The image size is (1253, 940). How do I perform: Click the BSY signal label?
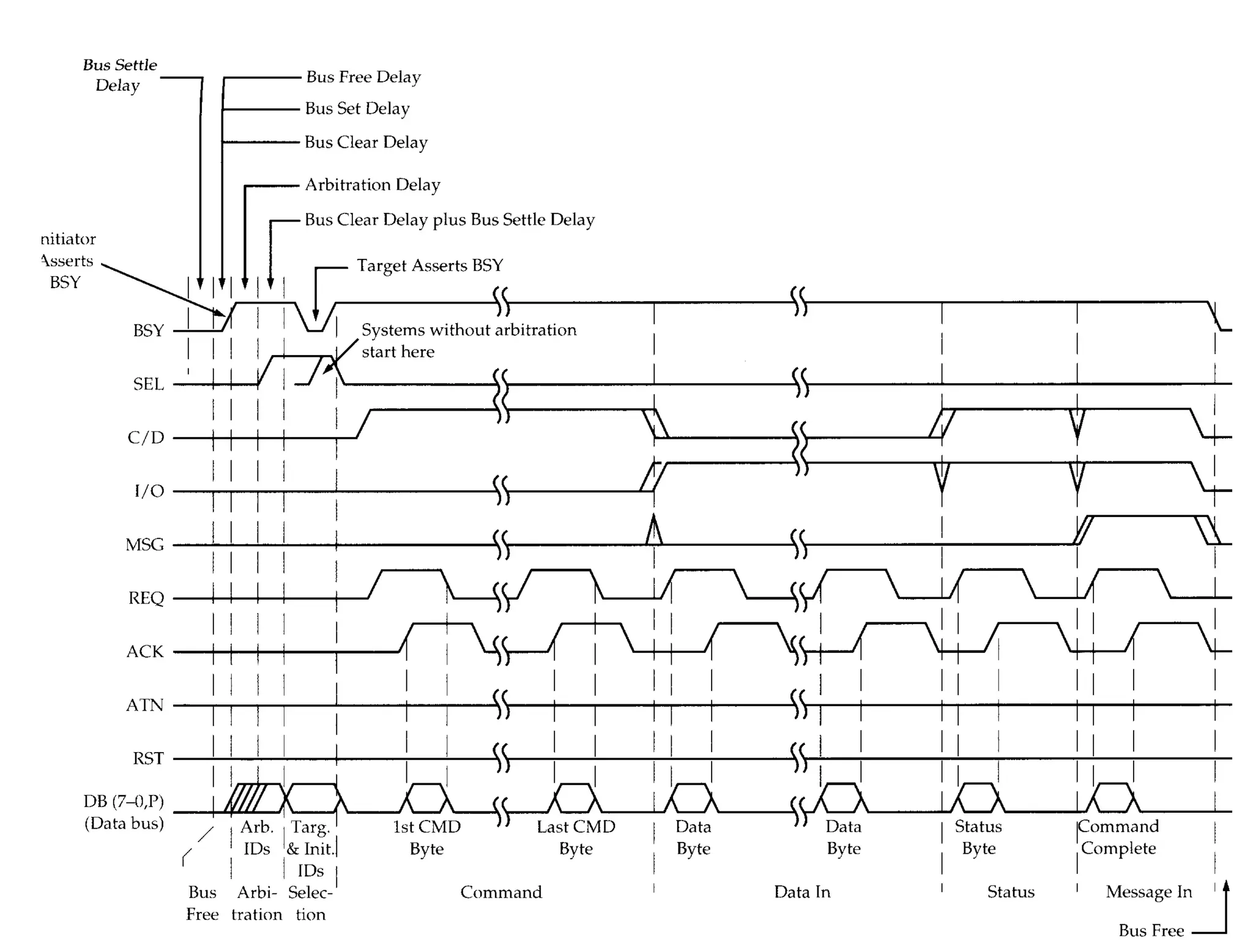tap(149, 330)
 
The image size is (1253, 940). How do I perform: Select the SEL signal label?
tap(149, 384)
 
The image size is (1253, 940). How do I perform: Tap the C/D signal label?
tap(146, 437)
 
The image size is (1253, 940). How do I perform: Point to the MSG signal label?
tap(144, 544)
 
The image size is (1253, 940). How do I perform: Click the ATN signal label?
tap(144, 705)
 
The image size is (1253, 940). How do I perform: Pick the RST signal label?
tap(148, 758)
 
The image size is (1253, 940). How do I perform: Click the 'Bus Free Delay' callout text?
tap(363, 77)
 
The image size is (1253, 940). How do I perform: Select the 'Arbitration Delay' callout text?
tap(373, 185)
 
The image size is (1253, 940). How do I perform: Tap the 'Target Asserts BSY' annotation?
tap(430, 266)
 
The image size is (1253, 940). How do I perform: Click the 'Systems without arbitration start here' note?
tap(468, 340)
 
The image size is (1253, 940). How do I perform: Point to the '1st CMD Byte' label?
tap(426, 837)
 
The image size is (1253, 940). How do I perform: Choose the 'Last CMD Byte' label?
tap(576, 837)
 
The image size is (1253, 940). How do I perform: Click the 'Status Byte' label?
tap(978, 837)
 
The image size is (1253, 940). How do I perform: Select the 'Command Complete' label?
tap(1118, 837)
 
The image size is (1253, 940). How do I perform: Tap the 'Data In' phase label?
tap(802, 892)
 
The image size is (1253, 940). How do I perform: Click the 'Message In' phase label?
tap(1149, 892)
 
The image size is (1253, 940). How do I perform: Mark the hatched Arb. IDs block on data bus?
tap(247, 798)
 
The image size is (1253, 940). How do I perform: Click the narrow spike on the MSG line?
tap(654, 530)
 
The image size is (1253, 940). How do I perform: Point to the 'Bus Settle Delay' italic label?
tap(119, 75)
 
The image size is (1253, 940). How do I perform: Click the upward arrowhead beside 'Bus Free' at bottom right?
tap(1225, 886)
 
